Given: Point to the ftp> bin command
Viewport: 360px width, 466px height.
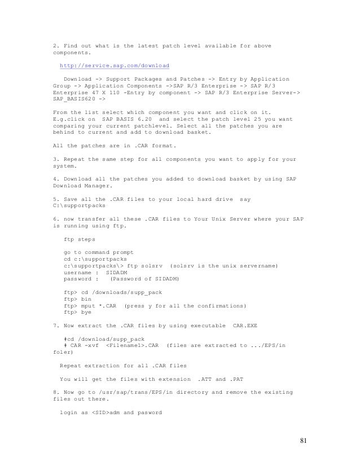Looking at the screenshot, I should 78,298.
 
